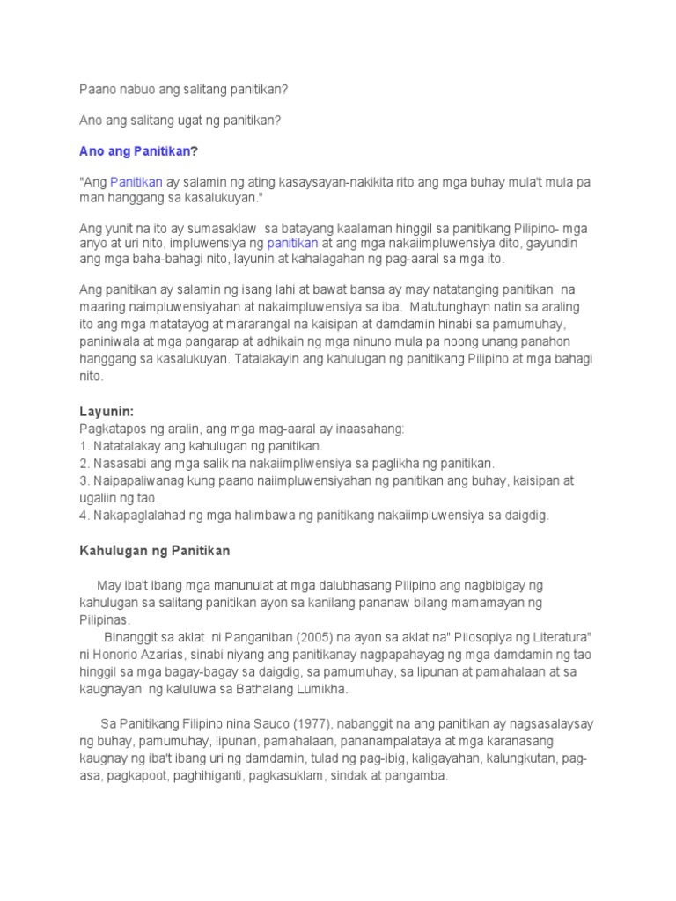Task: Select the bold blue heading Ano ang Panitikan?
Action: click(x=138, y=151)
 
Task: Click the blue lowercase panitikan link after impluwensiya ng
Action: click(x=290, y=244)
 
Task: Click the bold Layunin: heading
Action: click(x=107, y=411)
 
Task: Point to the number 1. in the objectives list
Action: click(x=84, y=446)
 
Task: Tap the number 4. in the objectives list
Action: click(x=84, y=515)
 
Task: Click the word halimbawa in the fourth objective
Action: click(x=261, y=515)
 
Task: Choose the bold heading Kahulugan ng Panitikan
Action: click(x=154, y=550)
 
